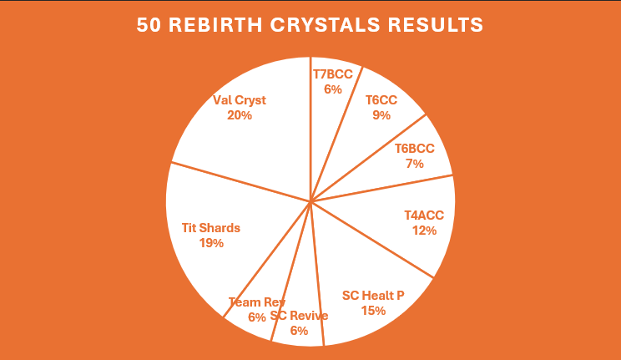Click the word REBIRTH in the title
click(x=215, y=24)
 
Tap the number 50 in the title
click(x=149, y=24)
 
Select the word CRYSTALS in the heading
click(x=325, y=24)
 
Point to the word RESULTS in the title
click(x=435, y=24)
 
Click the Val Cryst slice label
click(x=240, y=100)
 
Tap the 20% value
click(x=240, y=115)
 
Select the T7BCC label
click(x=333, y=74)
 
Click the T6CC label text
click(x=381, y=100)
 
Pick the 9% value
click(x=381, y=115)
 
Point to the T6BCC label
click(x=414, y=149)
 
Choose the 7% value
click(x=414, y=164)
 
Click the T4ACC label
click(x=424, y=215)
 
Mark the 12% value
click(x=424, y=231)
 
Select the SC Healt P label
click(x=373, y=296)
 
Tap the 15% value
click(x=373, y=311)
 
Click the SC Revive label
click(x=299, y=316)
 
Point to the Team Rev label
click(x=256, y=302)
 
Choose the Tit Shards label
click(x=210, y=228)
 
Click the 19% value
click(x=211, y=243)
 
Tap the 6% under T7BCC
click(x=333, y=89)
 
